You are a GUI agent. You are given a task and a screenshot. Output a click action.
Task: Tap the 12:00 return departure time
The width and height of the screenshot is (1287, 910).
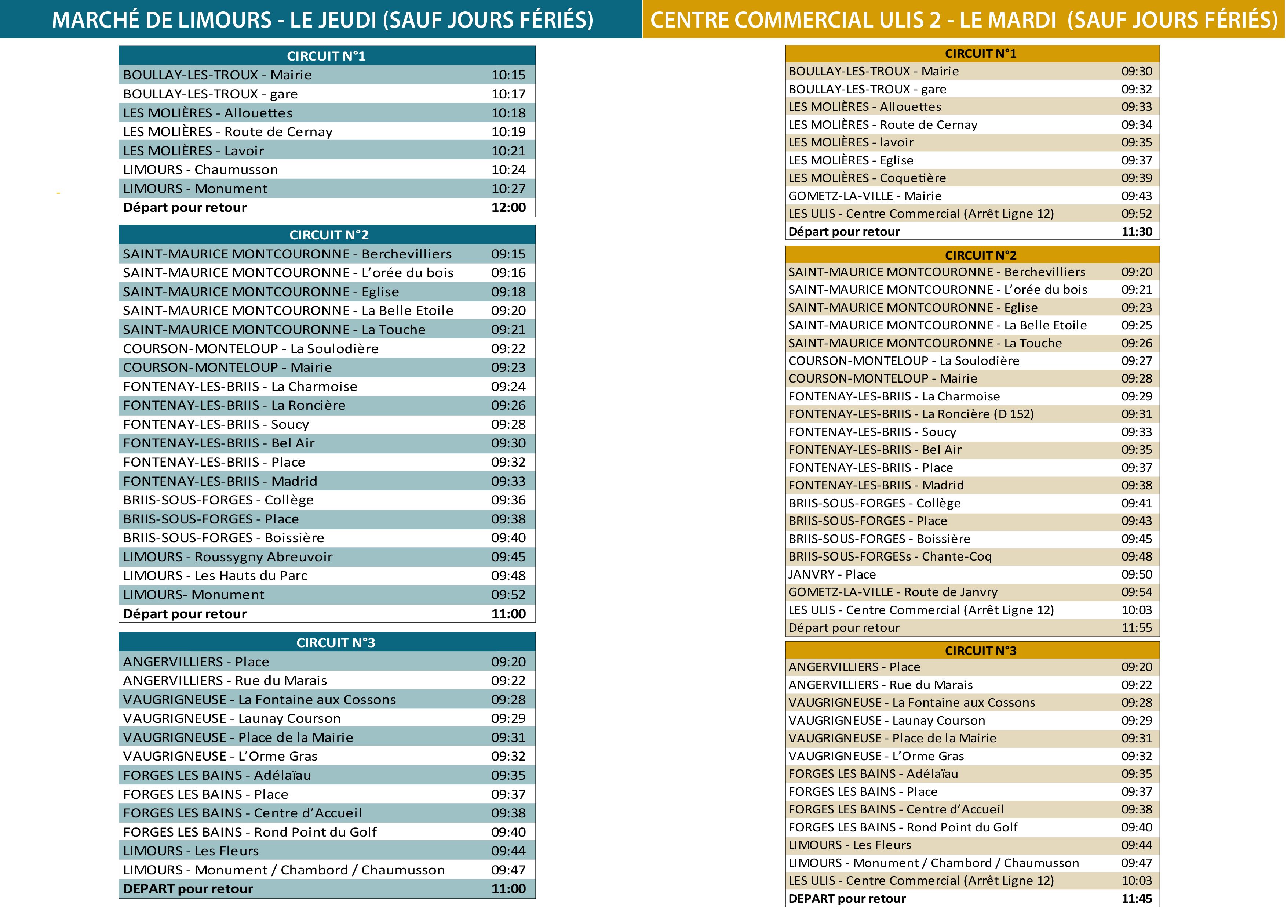[509, 207]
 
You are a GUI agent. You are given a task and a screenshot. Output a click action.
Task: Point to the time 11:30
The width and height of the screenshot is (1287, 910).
[1137, 232]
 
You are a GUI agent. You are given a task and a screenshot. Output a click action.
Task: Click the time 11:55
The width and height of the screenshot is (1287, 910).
[1137, 628]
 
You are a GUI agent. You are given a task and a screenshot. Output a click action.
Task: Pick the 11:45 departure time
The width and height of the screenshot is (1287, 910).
[1137, 899]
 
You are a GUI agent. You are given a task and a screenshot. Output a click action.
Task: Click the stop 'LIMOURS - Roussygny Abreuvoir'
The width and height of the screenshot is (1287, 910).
[227, 557]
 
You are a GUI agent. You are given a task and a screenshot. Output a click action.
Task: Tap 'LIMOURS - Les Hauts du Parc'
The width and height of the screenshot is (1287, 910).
[215, 576]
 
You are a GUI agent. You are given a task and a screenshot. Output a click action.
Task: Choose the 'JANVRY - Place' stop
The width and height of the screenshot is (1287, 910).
[832, 575]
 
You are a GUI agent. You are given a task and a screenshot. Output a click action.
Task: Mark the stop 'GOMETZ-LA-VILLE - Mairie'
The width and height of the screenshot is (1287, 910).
[865, 196]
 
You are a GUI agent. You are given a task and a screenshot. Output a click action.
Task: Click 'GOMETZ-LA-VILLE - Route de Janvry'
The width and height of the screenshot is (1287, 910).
[893, 592]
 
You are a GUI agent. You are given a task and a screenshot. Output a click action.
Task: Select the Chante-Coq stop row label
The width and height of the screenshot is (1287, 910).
[890, 557]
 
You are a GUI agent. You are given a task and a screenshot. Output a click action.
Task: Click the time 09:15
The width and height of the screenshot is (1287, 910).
[509, 254]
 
